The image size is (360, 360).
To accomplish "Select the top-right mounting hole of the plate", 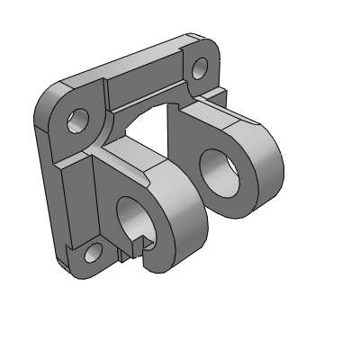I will [x=200, y=67].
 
